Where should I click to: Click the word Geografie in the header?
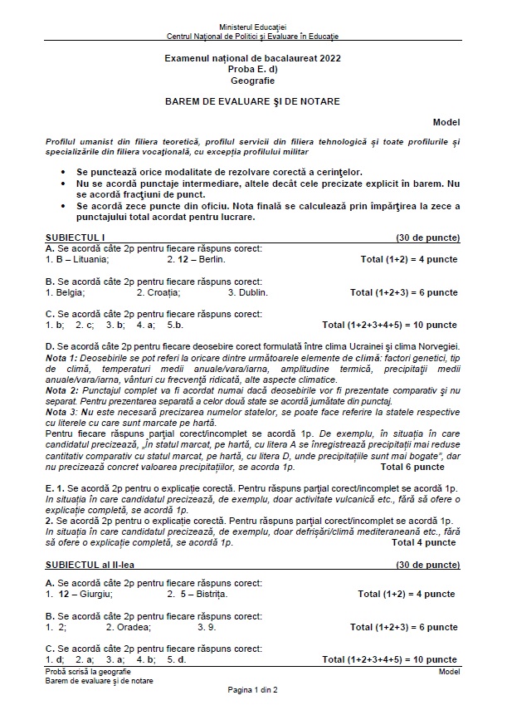253,81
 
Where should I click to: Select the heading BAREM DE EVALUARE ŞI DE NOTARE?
253,100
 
